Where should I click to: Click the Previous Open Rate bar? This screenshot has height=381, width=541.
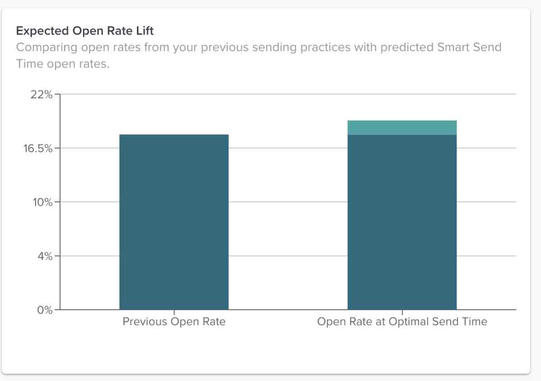174,222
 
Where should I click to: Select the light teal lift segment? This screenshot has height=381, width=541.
402,127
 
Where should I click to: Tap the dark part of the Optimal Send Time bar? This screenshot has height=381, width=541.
402,222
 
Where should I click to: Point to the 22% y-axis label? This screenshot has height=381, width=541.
41,95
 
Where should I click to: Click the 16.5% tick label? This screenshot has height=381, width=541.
38,148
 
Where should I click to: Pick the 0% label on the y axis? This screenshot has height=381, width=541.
44,310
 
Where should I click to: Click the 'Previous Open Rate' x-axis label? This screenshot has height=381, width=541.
174,322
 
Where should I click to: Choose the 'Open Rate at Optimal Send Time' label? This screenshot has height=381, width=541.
402,322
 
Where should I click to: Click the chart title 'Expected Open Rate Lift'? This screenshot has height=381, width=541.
85,31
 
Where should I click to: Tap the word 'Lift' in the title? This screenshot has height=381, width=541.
146,31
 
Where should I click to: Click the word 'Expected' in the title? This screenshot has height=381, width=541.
37,31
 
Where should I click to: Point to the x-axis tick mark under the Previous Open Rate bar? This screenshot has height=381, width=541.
174,312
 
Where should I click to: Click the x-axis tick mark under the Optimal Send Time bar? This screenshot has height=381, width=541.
402,312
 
